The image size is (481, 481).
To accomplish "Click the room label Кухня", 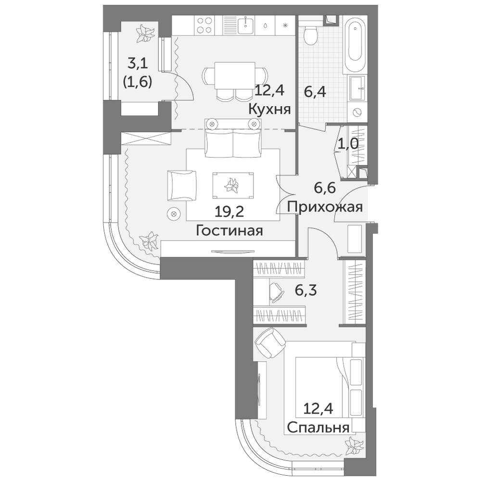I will (x=269, y=109).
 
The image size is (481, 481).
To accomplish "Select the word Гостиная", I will (x=229, y=231).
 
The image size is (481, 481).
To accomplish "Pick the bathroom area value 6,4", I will (x=316, y=91).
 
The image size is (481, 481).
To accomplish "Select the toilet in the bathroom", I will (x=312, y=34).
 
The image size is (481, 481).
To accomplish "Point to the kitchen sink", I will (x=246, y=24).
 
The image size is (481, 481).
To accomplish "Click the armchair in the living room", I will (x=182, y=186).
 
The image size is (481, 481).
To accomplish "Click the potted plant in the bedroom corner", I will (x=354, y=445).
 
